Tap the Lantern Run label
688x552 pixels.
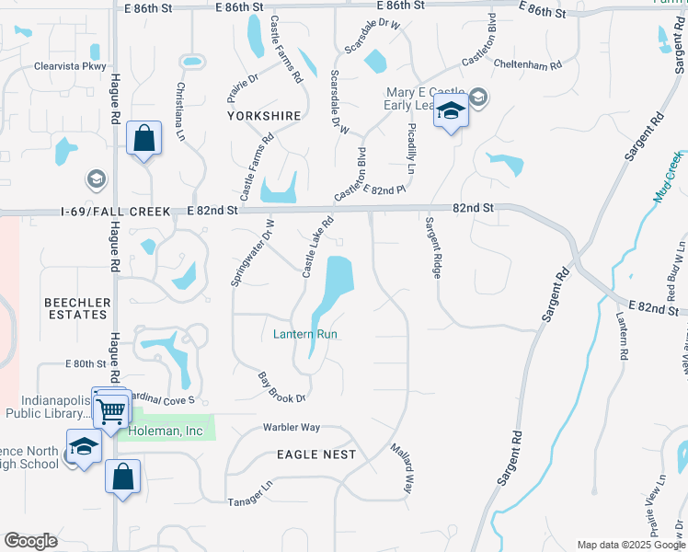pyautogui.click(x=305, y=334)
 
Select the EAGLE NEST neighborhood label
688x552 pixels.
pyautogui.click(x=315, y=454)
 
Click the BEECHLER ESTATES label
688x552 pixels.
pyautogui.click(x=77, y=308)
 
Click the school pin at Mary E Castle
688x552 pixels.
pyautogui.click(x=451, y=112)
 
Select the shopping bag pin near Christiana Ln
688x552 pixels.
pyautogui.click(x=144, y=140)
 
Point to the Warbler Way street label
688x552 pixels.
pyautogui.click(x=291, y=428)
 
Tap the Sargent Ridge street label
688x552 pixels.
pyautogui.click(x=433, y=248)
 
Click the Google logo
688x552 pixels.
pyautogui.click(x=30, y=541)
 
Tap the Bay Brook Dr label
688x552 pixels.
pyautogui.click(x=281, y=386)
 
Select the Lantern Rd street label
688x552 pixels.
pyautogui.click(x=623, y=335)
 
